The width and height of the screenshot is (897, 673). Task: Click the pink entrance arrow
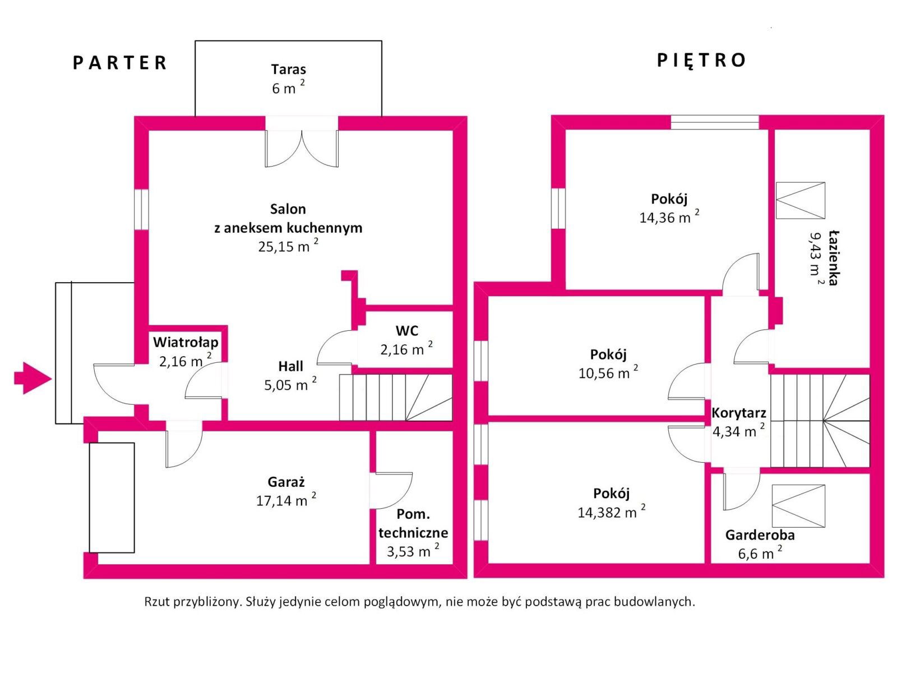33,378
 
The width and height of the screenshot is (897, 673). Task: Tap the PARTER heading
120,62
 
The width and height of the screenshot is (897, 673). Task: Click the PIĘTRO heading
701,60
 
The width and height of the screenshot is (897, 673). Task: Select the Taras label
288,70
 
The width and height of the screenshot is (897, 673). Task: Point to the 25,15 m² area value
288,246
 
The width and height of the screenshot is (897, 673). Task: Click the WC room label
406,330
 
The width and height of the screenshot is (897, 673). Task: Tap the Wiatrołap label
186,342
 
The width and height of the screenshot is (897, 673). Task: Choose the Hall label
290,366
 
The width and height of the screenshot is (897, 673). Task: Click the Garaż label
286,482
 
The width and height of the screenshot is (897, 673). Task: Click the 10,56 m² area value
608,373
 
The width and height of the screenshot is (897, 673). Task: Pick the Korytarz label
738,413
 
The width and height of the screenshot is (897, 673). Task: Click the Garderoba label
760,535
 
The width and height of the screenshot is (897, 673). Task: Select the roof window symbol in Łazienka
800,200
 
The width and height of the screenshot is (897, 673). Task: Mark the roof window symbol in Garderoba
798,506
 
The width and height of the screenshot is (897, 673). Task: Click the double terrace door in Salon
302,147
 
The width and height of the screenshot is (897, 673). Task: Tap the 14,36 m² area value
669,218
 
